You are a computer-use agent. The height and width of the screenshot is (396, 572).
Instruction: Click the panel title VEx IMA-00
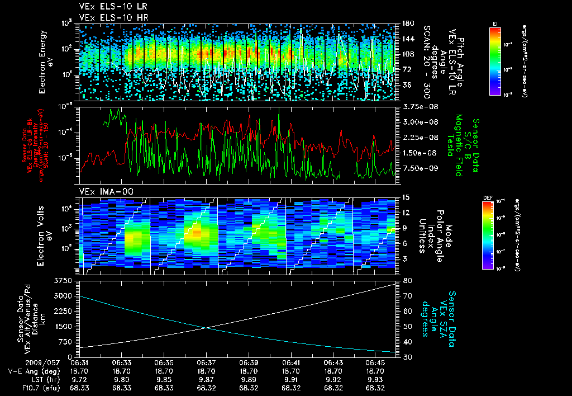point(101,192)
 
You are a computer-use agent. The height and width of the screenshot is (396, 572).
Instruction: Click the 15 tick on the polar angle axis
point(405,197)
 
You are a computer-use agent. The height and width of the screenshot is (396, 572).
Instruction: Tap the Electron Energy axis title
point(46,62)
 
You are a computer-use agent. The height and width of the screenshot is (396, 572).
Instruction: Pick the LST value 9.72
point(80,379)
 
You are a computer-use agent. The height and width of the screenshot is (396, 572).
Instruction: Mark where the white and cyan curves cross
point(207,328)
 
